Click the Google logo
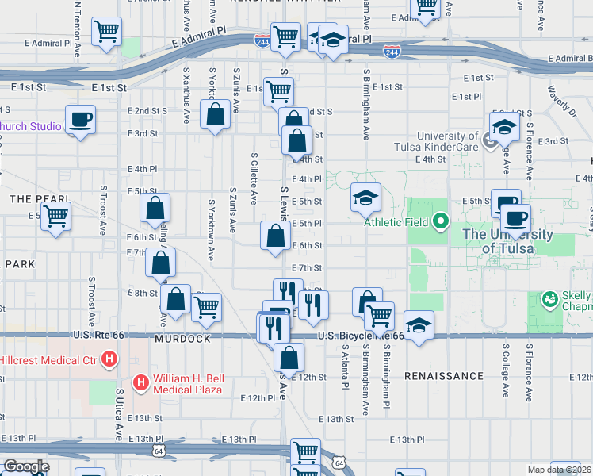(x=25, y=466)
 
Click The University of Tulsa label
(x=507, y=241)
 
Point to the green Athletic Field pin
(x=442, y=221)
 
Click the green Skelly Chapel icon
(x=549, y=299)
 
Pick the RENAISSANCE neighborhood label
(x=443, y=375)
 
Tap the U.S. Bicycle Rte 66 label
(x=360, y=336)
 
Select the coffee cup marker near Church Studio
(x=81, y=120)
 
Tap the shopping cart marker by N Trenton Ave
(x=106, y=33)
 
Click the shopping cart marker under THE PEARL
(x=55, y=216)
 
